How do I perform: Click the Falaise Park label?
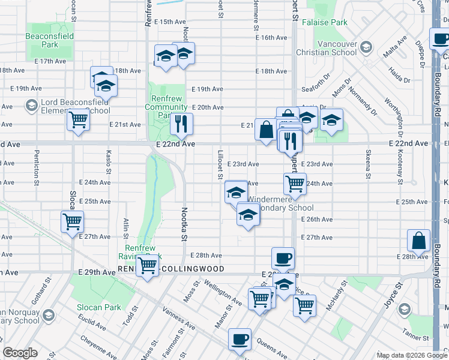pyautogui.click(x=330, y=22)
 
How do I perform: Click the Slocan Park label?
pyautogui.click(x=98, y=307)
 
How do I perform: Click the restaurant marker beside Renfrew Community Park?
pyautogui.click(x=181, y=124)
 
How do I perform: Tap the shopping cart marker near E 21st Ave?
pyautogui.click(x=78, y=120)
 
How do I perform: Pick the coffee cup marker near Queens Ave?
pyautogui.click(x=240, y=339)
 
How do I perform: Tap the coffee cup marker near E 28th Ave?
pyautogui.click(x=283, y=258)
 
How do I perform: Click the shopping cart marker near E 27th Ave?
pyautogui.click(x=73, y=221)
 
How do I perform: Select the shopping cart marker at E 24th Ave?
pyautogui.click(x=295, y=184)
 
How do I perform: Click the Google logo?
pyautogui.click(x=20, y=353)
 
